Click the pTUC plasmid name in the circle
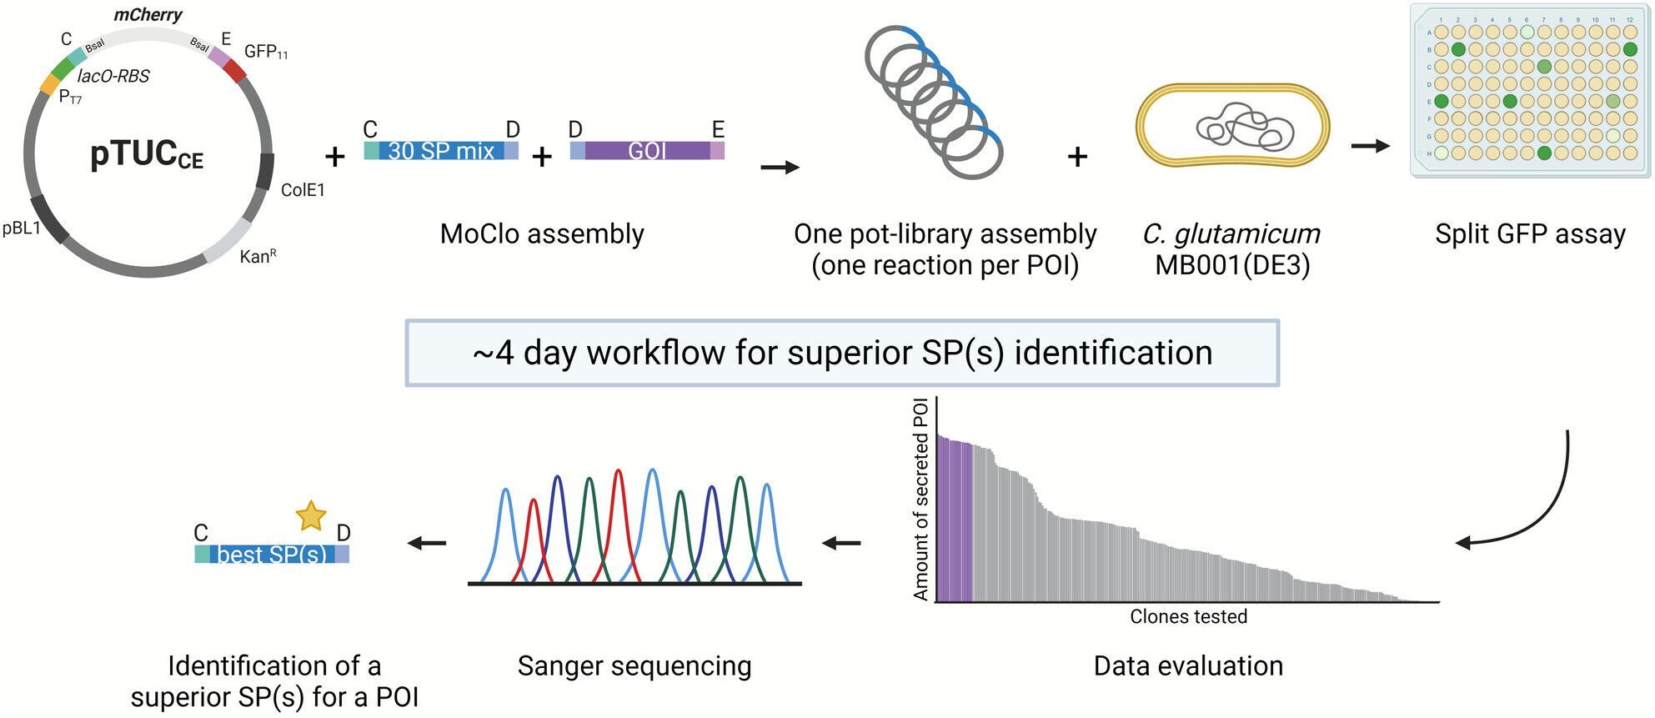click(147, 155)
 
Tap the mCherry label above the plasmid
click(148, 15)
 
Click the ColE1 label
click(303, 190)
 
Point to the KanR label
click(258, 256)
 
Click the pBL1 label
click(22, 228)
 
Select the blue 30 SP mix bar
click(441, 151)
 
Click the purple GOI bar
click(647, 151)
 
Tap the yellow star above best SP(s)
click(311, 516)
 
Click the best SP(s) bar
click(272, 554)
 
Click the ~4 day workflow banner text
click(842, 353)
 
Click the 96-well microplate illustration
click(1530, 90)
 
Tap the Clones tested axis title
click(1188, 617)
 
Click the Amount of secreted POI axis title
click(920, 500)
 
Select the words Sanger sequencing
click(634, 666)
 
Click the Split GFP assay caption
click(1530, 234)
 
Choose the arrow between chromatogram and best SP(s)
click(426, 544)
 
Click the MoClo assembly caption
click(542, 234)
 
